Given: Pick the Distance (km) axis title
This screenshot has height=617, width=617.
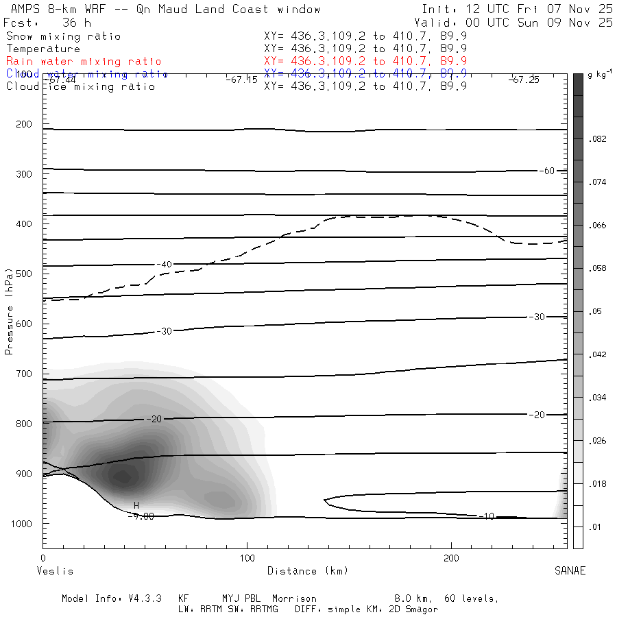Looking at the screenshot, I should click(307, 571).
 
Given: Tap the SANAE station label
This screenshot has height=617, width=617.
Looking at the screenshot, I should click(570, 571).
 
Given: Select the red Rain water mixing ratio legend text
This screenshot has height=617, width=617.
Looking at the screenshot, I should click(84, 61).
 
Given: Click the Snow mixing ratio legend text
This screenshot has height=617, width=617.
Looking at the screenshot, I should click(63, 36).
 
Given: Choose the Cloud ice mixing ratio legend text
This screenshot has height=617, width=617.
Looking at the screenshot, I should click(80, 86).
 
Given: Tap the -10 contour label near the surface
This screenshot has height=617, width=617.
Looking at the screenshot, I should click(486, 516).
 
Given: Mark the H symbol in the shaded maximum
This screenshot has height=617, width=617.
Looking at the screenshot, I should click(136, 506).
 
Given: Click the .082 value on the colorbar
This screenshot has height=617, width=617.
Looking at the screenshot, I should click(598, 139).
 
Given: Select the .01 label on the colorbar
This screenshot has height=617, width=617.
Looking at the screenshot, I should click(595, 527).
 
